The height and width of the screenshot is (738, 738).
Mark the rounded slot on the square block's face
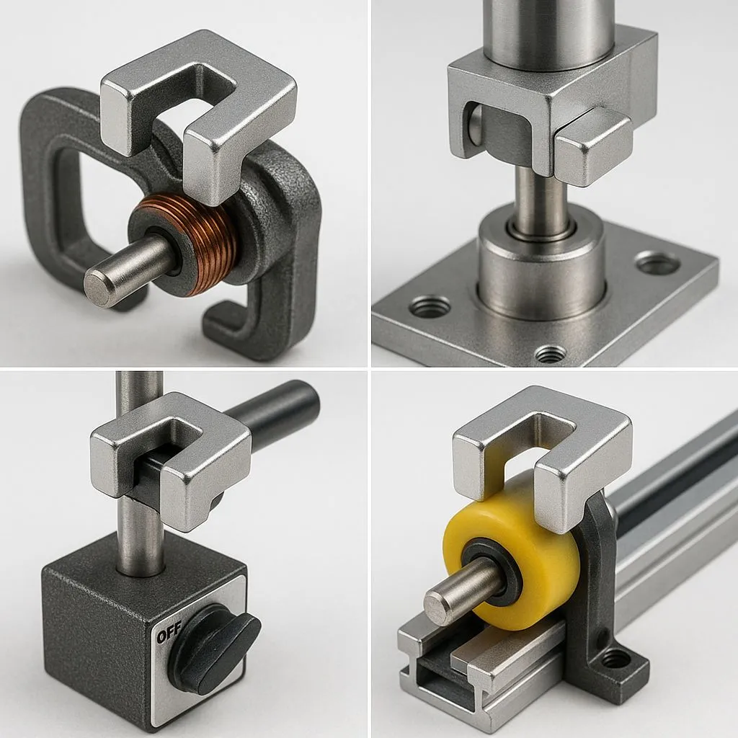[x=474, y=125]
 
